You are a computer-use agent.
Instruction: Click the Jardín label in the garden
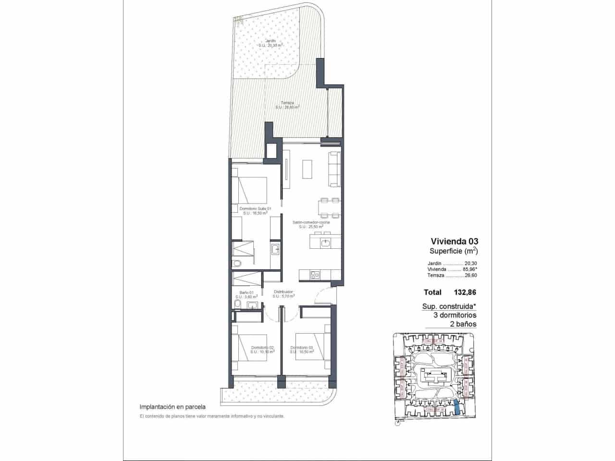(x=271, y=41)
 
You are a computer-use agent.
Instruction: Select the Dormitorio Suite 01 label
(x=255, y=209)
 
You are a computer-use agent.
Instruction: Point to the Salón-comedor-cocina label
(x=311, y=223)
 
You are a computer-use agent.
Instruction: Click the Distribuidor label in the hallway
(x=283, y=292)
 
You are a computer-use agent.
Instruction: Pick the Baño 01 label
(x=244, y=292)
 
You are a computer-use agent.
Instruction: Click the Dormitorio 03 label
(x=302, y=348)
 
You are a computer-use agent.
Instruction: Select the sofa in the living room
(x=334, y=169)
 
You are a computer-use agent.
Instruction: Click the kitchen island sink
(x=326, y=243)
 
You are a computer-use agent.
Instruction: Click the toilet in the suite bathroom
(x=236, y=264)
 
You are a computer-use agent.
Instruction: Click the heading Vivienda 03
(x=455, y=241)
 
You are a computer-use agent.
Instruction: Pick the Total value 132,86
(x=464, y=291)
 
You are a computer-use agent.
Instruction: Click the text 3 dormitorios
(x=455, y=315)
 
